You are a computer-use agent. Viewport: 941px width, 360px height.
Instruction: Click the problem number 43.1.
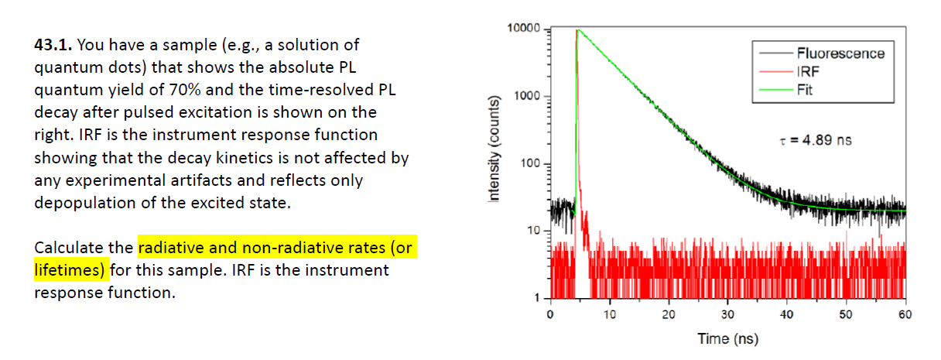click(52, 45)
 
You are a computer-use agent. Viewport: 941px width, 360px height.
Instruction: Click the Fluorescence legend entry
click(840, 53)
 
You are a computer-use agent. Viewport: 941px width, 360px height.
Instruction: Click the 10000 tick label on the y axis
click(525, 29)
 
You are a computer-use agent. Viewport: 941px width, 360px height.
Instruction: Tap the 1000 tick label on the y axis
click(529, 97)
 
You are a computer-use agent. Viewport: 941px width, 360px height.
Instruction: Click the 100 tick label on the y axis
click(532, 164)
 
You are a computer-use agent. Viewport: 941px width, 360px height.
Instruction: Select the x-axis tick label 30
click(727, 315)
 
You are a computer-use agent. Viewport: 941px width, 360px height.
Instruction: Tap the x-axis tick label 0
click(549, 315)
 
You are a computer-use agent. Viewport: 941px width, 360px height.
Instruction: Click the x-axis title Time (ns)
click(727, 338)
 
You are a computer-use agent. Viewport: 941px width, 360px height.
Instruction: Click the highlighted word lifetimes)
click(70, 270)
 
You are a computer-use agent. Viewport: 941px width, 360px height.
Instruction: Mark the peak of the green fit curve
click(577, 30)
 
